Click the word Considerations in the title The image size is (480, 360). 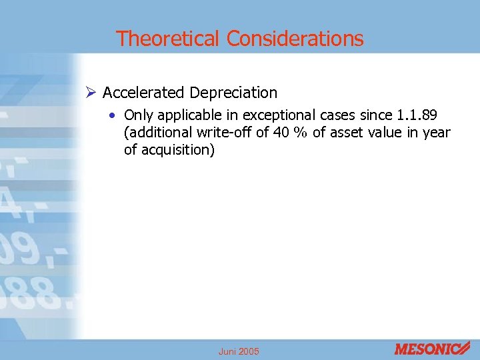tap(295, 39)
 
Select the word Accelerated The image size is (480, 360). tap(144, 92)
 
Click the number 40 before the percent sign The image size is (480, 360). tap(282, 133)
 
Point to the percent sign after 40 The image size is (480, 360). tap(301, 133)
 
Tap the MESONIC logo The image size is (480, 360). tap(432, 349)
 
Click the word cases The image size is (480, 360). tap(323, 115)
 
